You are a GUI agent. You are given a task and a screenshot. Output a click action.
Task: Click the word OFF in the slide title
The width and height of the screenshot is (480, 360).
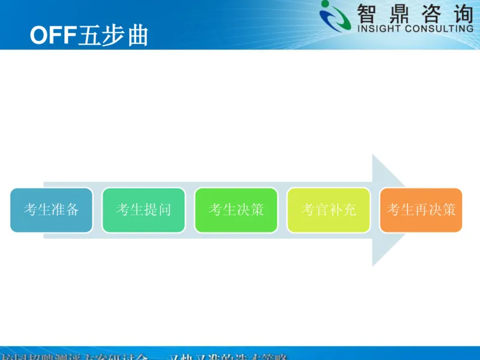53,35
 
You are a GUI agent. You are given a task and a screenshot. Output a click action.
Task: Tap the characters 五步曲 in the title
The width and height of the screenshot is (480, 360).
113,35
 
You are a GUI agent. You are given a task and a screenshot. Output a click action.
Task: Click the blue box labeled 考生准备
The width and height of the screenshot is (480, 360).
52,210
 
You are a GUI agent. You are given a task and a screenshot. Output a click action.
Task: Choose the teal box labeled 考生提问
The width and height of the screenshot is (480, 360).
144,210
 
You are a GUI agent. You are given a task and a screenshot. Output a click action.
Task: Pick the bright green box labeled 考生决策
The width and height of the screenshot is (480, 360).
236,210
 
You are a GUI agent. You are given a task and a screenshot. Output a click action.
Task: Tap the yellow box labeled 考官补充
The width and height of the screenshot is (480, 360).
329,210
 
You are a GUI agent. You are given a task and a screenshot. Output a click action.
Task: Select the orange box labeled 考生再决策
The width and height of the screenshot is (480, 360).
421,210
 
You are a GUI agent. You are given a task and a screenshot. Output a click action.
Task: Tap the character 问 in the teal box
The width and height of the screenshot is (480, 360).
165,210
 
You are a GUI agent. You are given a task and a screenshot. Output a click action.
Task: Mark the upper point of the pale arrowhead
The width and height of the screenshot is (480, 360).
373,155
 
